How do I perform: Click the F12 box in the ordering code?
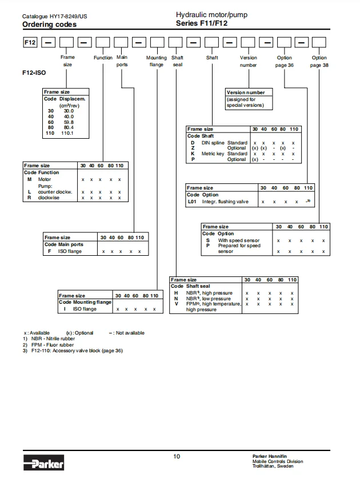pos(30,43)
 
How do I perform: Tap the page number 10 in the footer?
pos(177,456)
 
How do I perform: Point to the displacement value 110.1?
pos(69,133)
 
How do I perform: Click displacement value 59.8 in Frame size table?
pos(69,122)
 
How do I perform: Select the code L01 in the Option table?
pos(193,202)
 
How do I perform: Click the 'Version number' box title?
pos(246,92)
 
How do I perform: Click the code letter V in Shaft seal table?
pos(176,304)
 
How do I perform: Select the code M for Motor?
pos(29,179)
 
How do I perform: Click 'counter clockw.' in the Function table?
pos(55,192)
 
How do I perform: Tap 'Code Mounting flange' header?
pos(86,302)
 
